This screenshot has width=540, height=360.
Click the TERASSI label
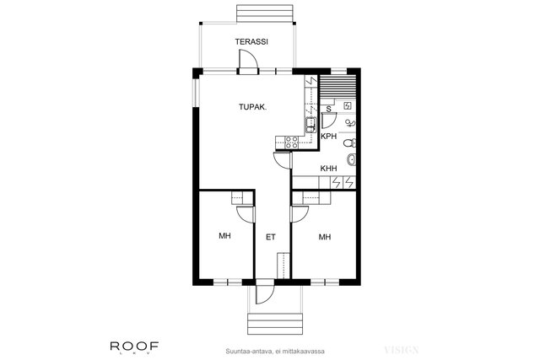pyautogui.click(x=251, y=42)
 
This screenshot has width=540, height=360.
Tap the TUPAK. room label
pyautogui.click(x=253, y=107)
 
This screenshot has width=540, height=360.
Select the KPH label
pyautogui.click(x=328, y=137)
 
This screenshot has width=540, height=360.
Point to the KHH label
pyautogui.click(x=328, y=169)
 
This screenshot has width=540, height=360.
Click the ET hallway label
pyautogui.click(x=271, y=237)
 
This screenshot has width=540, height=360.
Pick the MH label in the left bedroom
pyautogui.click(x=224, y=236)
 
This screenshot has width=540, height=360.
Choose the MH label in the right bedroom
pyautogui.click(x=324, y=237)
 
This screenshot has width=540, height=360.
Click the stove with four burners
pyautogui.click(x=292, y=142)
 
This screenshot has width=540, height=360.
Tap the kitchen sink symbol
pyautogui.click(x=310, y=126)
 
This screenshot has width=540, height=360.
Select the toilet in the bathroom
pyautogui.click(x=350, y=142)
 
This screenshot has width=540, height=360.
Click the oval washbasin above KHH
pyautogui.click(x=351, y=159)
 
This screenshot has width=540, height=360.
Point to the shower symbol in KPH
pyautogui.click(x=350, y=122)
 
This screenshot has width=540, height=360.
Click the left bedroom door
pyautogui.click(x=246, y=215)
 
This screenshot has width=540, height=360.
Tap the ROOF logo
pyautogui.click(x=134, y=347)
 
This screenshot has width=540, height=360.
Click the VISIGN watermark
pyautogui.click(x=402, y=351)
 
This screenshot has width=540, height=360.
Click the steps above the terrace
pyautogui.click(x=264, y=13)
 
